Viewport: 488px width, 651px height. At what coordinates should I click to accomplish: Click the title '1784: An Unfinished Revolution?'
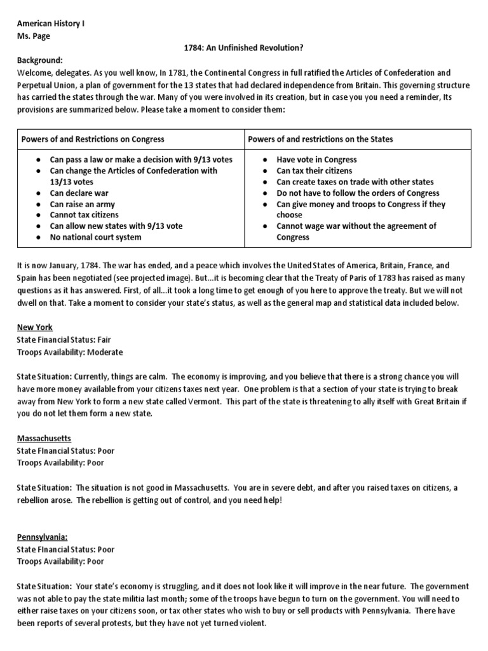(x=244, y=48)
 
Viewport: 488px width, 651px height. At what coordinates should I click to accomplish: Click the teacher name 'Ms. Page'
(x=34, y=36)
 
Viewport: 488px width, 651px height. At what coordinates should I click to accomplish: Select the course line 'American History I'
(x=51, y=24)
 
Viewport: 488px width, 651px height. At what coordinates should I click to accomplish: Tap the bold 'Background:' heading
(x=40, y=60)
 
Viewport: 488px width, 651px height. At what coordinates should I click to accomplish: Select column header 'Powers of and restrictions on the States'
(x=320, y=139)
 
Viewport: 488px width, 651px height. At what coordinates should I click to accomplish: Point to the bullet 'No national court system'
(x=96, y=238)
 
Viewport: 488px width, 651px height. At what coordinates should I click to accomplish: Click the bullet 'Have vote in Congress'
(x=316, y=160)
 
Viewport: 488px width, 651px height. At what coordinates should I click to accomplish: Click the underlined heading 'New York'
(x=35, y=328)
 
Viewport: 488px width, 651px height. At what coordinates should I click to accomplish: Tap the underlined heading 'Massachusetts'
(x=44, y=439)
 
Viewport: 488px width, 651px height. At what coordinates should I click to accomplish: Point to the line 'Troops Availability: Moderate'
(x=70, y=352)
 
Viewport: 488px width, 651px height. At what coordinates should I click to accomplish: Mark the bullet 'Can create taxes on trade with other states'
(x=355, y=182)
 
